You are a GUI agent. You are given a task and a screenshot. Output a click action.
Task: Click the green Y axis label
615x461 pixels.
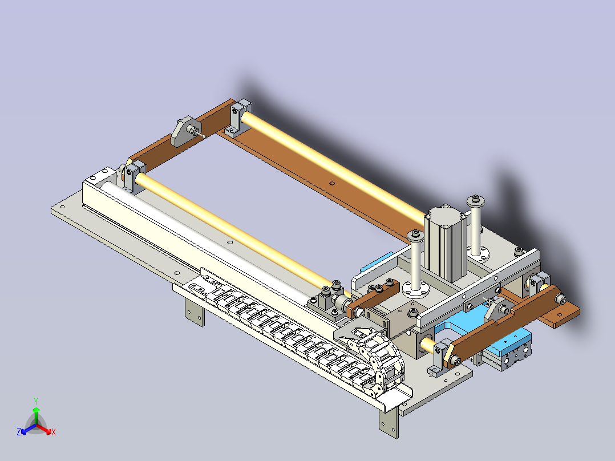pos(36,401)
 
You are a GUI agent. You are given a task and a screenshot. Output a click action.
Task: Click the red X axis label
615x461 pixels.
pos(54,432)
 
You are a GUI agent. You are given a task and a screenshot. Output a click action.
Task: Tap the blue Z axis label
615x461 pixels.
pos(18,432)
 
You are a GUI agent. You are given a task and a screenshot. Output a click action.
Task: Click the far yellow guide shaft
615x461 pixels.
pos(333,165)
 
